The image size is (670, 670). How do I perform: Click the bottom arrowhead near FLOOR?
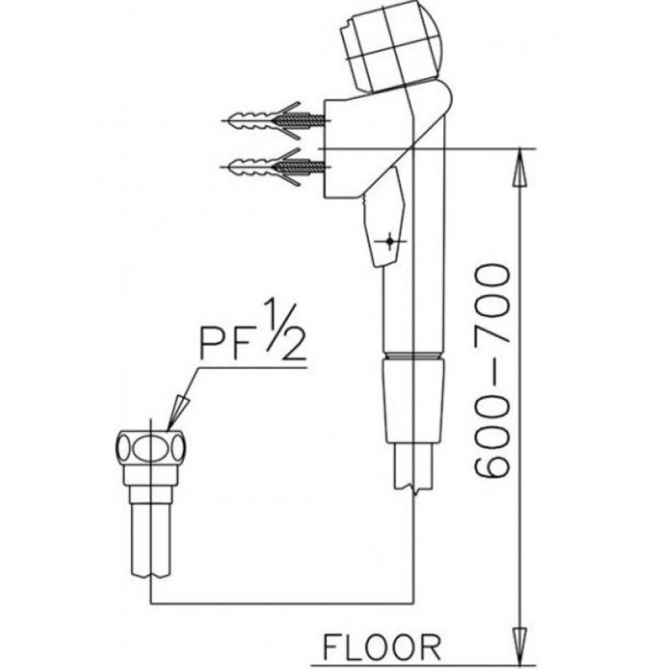[521, 645]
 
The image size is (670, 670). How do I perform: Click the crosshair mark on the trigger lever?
[388, 241]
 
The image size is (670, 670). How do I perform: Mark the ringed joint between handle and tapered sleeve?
[414, 355]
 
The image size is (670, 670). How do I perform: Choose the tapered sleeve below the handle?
[414, 400]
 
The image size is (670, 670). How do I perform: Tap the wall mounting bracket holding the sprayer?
[357, 148]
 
